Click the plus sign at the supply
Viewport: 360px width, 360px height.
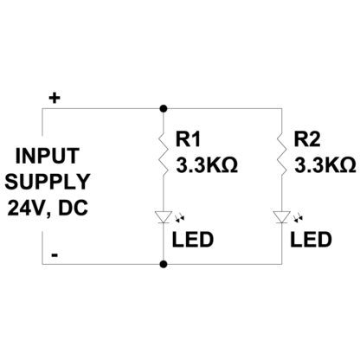55,99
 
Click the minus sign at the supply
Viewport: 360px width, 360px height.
55,255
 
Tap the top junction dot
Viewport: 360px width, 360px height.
164,109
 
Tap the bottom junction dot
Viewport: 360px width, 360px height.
164,264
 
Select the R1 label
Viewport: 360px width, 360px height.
188,139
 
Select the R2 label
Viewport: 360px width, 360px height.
307,139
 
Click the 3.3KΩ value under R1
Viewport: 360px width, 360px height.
207,165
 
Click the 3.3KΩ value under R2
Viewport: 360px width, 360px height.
325,165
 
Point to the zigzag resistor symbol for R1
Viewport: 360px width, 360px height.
164,154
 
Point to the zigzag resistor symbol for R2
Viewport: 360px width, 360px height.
282,154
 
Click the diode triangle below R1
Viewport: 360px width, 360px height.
164,217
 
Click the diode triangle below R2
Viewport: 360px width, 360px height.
282,217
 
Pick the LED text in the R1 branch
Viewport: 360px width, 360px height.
193,240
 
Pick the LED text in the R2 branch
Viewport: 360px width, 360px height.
311,240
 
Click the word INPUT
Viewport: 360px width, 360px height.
48,156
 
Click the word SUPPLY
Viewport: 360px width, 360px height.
48,182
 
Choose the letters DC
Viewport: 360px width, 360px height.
73,208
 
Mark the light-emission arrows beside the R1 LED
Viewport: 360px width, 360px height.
180,218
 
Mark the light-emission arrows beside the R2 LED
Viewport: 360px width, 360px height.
298,218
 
